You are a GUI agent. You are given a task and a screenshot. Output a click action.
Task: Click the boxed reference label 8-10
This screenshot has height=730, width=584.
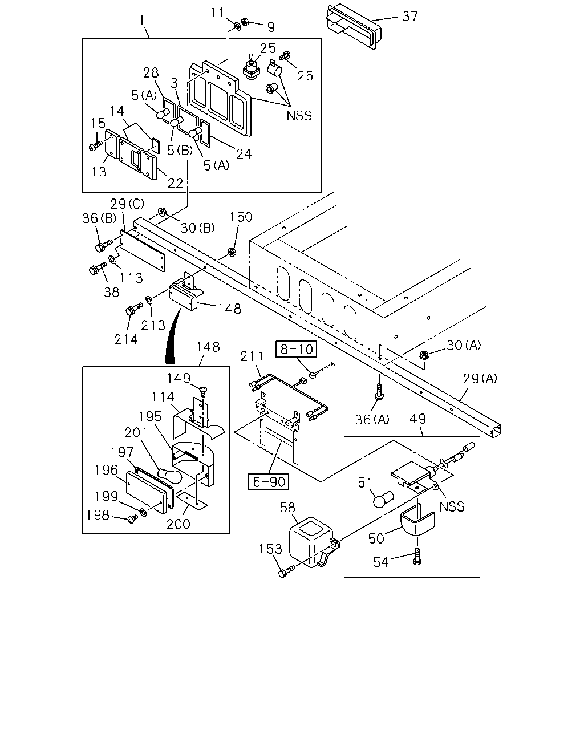coord(296,349)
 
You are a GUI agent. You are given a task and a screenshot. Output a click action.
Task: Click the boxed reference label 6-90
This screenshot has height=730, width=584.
coord(269,482)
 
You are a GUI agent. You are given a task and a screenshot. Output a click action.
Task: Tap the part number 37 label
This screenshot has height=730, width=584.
coord(410,16)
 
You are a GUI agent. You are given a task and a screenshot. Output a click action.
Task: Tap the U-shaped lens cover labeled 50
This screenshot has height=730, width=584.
coord(417,523)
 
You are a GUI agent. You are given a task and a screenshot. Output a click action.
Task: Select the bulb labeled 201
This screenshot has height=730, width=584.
coord(169,475)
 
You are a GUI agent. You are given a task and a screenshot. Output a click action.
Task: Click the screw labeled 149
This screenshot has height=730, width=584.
coord(203,391)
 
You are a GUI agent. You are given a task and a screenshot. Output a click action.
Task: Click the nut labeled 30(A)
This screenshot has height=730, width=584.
coord(424,355)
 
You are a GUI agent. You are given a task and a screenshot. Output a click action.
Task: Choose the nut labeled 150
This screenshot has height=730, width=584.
coord(232,252)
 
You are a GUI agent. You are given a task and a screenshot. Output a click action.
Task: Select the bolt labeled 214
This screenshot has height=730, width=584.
coord(134,309)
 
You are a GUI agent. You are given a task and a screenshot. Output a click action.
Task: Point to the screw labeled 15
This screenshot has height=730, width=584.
coord(96,146)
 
